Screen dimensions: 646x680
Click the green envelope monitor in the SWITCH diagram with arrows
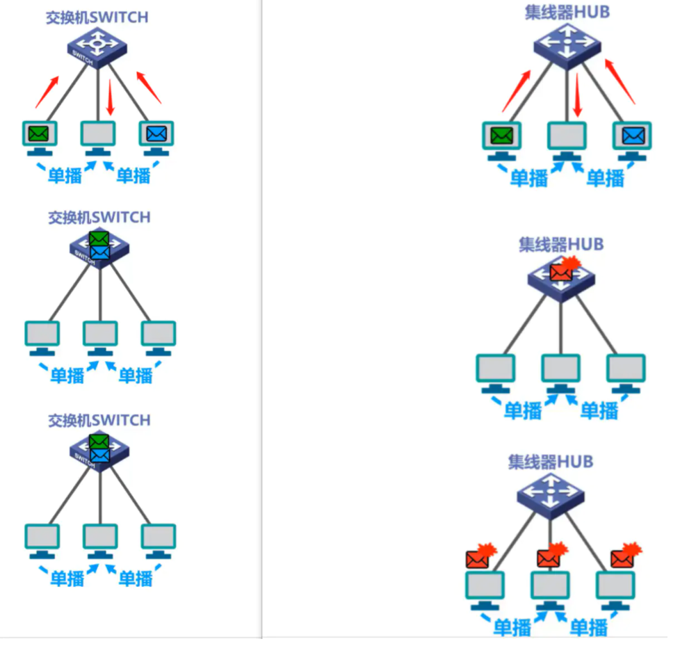click(39, 133)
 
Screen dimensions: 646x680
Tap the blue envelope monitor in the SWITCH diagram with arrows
click(156, 133)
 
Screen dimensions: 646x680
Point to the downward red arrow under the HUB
click(576, 95)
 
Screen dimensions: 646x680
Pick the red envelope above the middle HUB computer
click(549, 557)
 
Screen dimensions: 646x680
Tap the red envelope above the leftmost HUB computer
click(479, 558)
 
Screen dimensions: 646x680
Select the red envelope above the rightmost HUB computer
click(622, 557)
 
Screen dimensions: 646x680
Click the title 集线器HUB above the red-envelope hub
click(560, 244)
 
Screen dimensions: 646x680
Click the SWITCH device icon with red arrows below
click(97, 47)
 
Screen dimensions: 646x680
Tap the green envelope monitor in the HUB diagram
click(501, 136)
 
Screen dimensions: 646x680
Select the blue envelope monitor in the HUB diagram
click(632, 136)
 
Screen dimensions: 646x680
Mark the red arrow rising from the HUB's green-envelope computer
click(516, 90)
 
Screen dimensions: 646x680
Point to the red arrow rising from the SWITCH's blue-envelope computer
click(149, 86)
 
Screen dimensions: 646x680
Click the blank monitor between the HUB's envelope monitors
click(567, 136)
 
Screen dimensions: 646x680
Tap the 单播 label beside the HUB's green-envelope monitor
click(529, 178)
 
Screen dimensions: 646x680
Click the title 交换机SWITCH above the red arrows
click(97, 17)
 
